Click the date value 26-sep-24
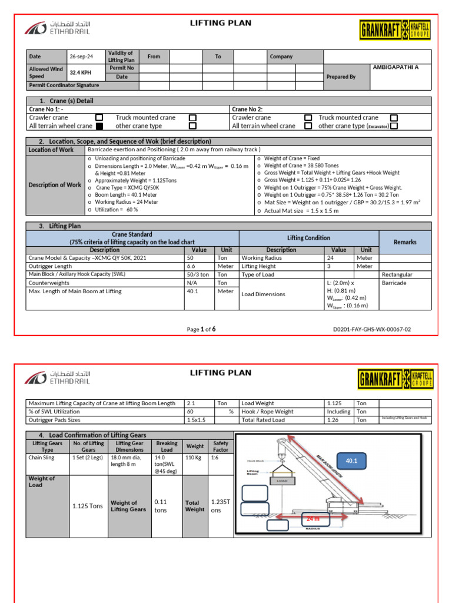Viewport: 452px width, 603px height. pos(81,57)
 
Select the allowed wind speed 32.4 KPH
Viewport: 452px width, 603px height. pos(81,73)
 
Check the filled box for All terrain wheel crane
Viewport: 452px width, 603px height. pos(99,126)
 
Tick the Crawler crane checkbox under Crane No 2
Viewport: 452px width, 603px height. pos(308,118)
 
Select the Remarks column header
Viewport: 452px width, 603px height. pos(405,242)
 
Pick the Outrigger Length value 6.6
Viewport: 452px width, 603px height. pos(191,266)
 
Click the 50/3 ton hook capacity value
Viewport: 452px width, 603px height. pos(197,274)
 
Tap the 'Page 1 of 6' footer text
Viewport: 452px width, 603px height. pos(201,330)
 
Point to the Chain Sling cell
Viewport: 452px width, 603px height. pos(41,457)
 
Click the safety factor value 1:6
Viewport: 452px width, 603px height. pos(216,457)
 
